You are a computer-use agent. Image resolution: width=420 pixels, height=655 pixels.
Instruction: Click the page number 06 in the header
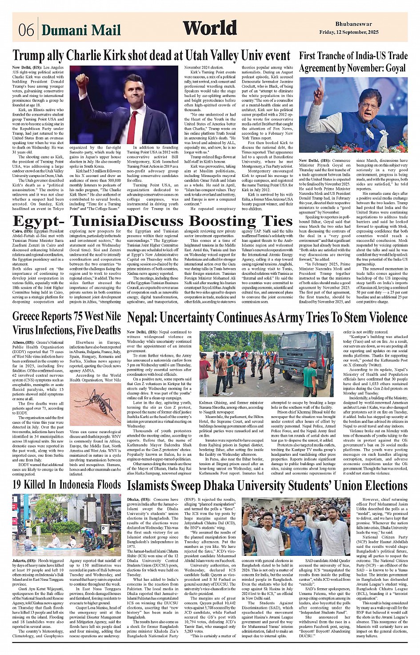[26, 30]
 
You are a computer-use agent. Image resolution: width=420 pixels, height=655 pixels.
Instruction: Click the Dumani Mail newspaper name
[81, 30]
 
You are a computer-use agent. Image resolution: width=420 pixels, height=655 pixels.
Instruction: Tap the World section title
[209, 28]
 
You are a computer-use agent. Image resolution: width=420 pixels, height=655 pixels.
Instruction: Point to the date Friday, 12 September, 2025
[349, 32]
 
